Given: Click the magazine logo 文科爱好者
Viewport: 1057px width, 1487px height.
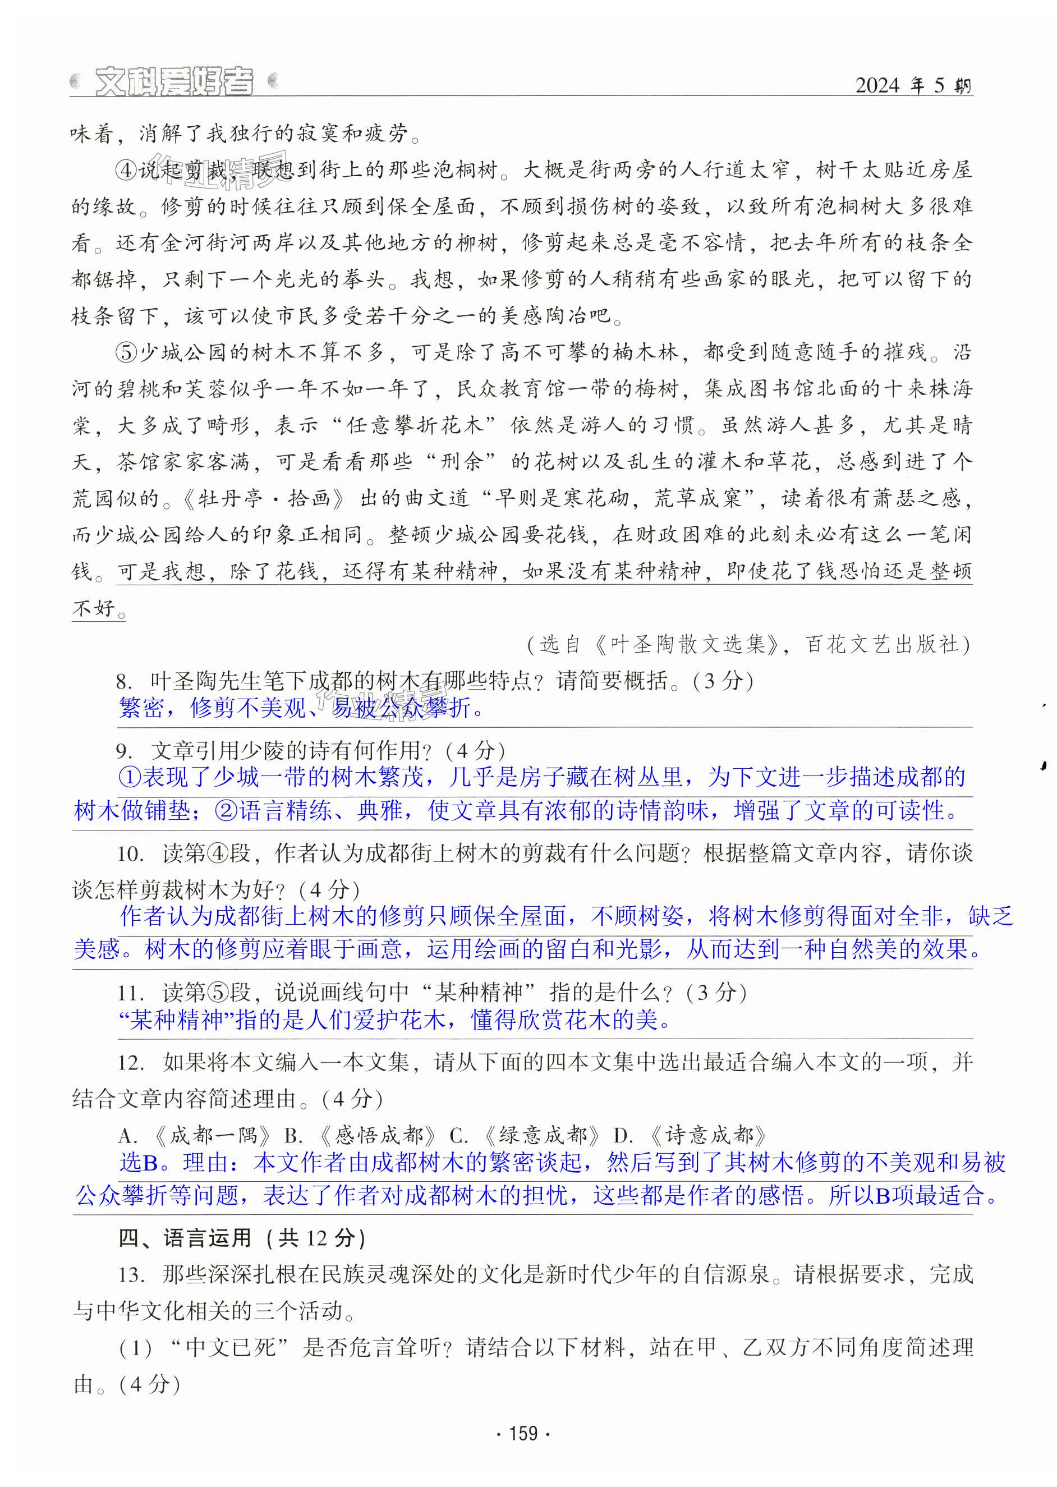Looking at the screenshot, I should tap(174, 82).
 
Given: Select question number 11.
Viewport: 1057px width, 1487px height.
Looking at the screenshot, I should tap(130, 993).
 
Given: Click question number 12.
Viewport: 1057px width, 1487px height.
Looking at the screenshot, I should tap(130, 1063).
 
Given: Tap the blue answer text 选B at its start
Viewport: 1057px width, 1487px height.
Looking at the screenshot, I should tap(139, 1163).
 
